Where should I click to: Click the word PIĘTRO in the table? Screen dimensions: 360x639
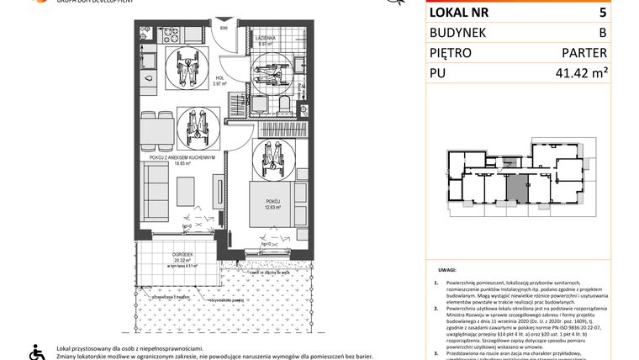coord(454,52)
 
